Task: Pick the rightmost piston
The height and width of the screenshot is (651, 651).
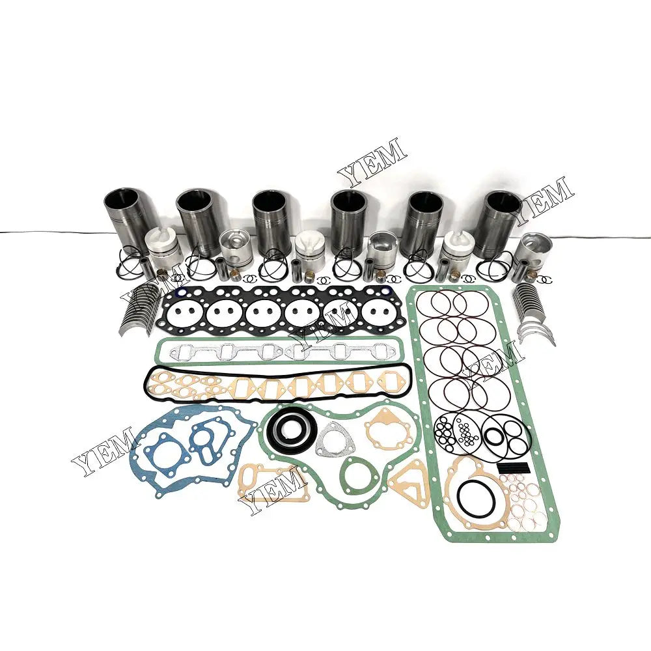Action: (534, 251)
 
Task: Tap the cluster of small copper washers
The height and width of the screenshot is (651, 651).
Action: (529, 502)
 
